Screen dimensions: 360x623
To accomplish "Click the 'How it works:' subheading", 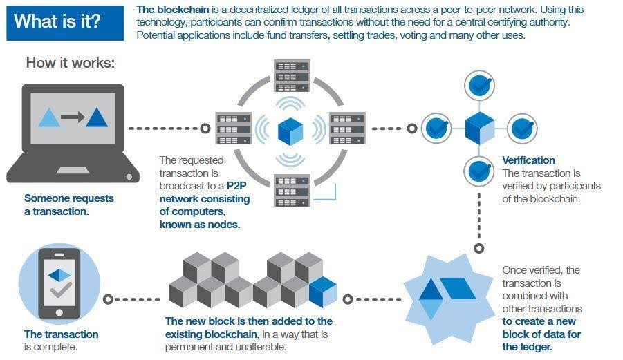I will coord(70,62).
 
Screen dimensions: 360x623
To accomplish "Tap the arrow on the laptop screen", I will coord(73,117).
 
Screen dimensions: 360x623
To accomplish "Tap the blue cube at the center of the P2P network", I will coord(290,130).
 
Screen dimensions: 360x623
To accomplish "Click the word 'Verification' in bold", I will coord(528,160).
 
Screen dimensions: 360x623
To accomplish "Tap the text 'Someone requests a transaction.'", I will coord(68,205).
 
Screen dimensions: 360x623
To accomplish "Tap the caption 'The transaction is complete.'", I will coord(61,341).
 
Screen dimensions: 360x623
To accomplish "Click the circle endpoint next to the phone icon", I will coord(107,299).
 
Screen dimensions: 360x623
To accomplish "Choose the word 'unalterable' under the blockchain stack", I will coord(260,347).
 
